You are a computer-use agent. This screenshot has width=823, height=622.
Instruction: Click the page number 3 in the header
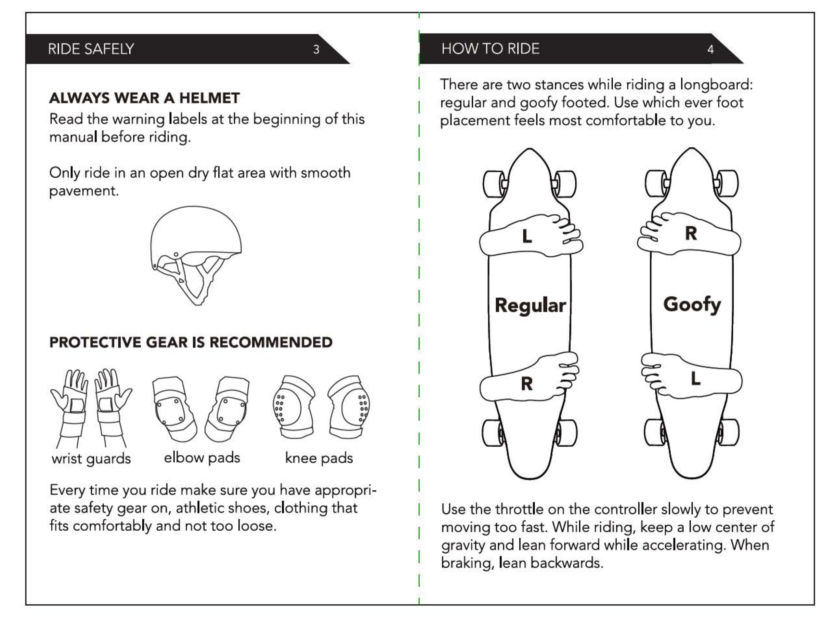point(316,49)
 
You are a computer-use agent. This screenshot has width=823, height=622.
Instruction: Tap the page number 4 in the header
point(710,49)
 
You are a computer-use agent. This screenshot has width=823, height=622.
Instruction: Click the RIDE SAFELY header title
point(91,49)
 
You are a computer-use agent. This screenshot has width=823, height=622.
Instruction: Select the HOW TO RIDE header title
point(490,49)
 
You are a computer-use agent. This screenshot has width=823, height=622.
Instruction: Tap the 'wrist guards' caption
point(91,458)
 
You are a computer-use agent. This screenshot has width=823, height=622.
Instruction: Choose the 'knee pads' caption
point(319,458)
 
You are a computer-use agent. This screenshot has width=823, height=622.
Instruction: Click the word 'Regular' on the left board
point(530,305)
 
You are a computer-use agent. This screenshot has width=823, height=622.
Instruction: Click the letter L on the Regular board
point(527,236)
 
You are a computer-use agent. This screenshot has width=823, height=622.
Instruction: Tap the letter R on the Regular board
point(527,384)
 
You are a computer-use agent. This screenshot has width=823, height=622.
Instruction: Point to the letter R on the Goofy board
point(691,234)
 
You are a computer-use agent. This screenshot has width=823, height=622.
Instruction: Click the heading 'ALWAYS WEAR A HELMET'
point(144,98)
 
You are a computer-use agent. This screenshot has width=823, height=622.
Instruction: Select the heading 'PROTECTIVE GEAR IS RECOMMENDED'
point(191,342)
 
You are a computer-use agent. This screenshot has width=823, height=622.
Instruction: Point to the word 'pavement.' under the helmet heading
point(84,191)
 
